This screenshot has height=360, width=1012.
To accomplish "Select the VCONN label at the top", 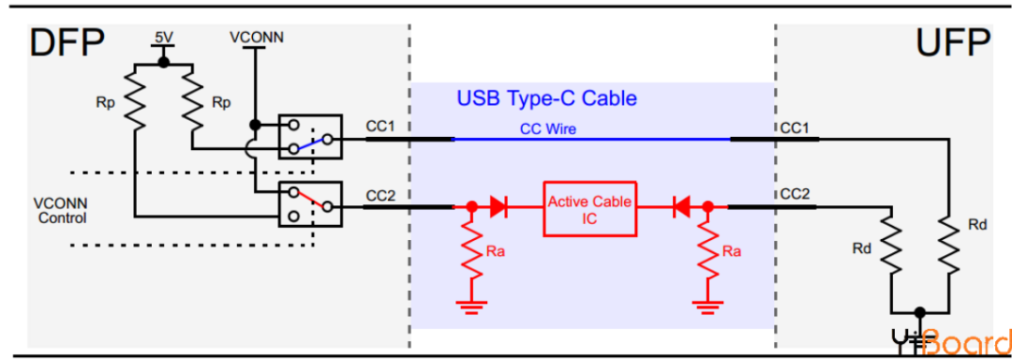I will point(256,37).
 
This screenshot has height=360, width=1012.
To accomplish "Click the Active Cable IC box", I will point(589,208).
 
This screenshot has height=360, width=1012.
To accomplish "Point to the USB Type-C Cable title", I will point(546,97).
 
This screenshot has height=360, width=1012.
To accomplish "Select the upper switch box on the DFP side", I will point(310,138).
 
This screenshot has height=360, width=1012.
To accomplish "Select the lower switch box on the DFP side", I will point(310,206).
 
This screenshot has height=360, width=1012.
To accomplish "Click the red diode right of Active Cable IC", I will point(682,206).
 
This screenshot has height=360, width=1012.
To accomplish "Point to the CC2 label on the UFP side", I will point(795,193).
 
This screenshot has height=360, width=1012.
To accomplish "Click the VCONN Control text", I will point(59,211).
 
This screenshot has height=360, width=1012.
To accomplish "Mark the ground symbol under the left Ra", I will point(471,305).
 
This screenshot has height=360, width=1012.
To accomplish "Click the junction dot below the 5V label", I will point(163,63).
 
